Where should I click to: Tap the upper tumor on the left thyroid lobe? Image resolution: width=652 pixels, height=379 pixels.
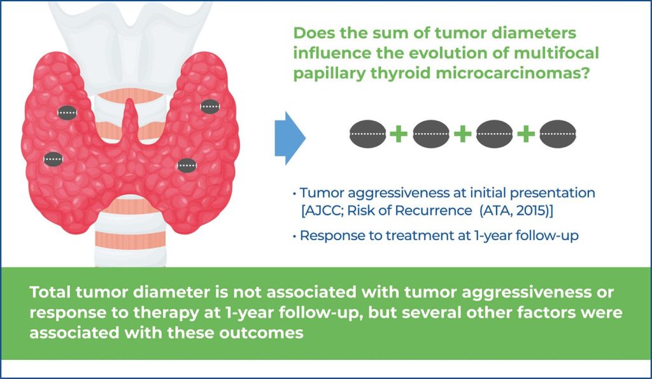pyautogui.click(x=67, y=112)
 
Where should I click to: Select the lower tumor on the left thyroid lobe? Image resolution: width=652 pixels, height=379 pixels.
pyautogui.click(x=53, y=159)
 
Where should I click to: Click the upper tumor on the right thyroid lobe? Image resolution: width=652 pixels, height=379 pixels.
pyautogui.click(x=210, y=106)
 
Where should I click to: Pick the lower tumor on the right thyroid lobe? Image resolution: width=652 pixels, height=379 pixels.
pyautogui.click(x=187, y=166)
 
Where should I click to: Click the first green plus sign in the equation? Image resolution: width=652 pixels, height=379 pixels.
pyautogui.click(x=399, y=134)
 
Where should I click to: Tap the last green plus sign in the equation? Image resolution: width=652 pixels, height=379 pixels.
pyautogui.click(x=525, y=134)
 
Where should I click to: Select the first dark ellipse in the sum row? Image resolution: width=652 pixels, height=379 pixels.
pyautogui.click(x=368, y=134)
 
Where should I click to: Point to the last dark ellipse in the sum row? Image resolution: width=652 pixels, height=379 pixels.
pyautogui.click(x=558, y=134)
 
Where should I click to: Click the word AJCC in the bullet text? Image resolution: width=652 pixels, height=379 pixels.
pyautogui.click(x=323, y=210)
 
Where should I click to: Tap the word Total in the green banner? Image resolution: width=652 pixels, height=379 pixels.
pyautogui.click(x=50, y=292)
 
